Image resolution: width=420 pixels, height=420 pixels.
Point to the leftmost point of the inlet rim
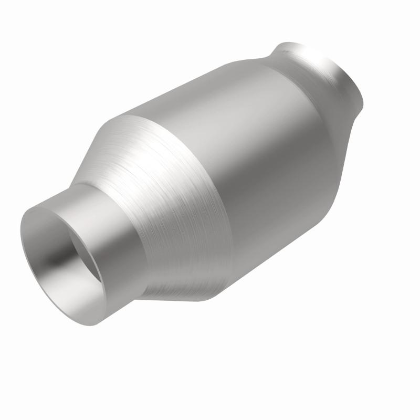(x=21, y=231)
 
